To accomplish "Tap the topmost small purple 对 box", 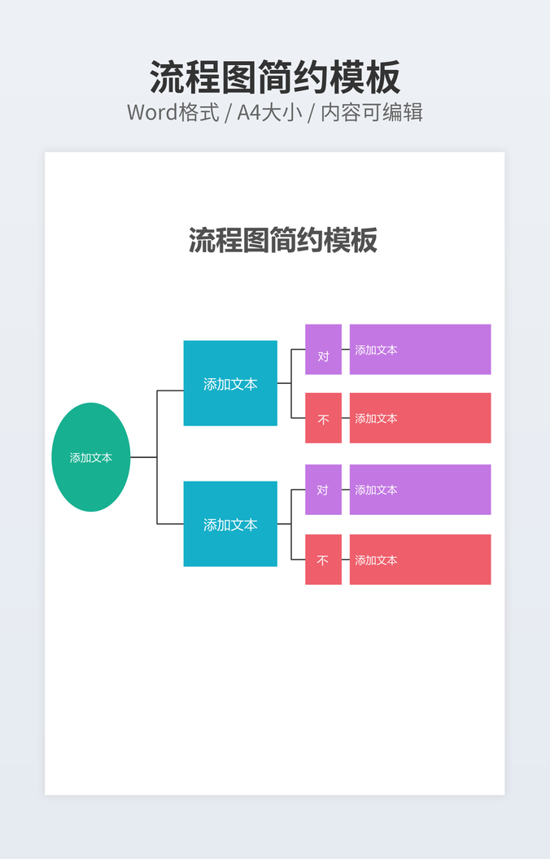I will pyautogui.click(x=323, y=349).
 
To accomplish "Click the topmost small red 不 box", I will pyautogui.click(x=323, y=418).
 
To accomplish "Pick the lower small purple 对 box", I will pyautogui.click(x=323, y=490).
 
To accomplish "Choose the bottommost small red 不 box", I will pyautogui.click(x=323, y=560).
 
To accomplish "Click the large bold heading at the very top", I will pyautogui.click(x=275, y=78).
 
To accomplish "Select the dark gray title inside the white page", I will pyautogui.click(x=283, y=240).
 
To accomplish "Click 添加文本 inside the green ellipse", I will pyautogui.click(x=90, y=458).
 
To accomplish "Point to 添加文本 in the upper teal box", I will pyautogui.click(x=230, y=384).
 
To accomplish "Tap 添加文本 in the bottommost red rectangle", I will pyautogui.click(x=376, y=560).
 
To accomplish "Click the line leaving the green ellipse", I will pyautogui.click(x=143, y=457).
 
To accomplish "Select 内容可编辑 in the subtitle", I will pyautogui.click(x=372, y=112).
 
